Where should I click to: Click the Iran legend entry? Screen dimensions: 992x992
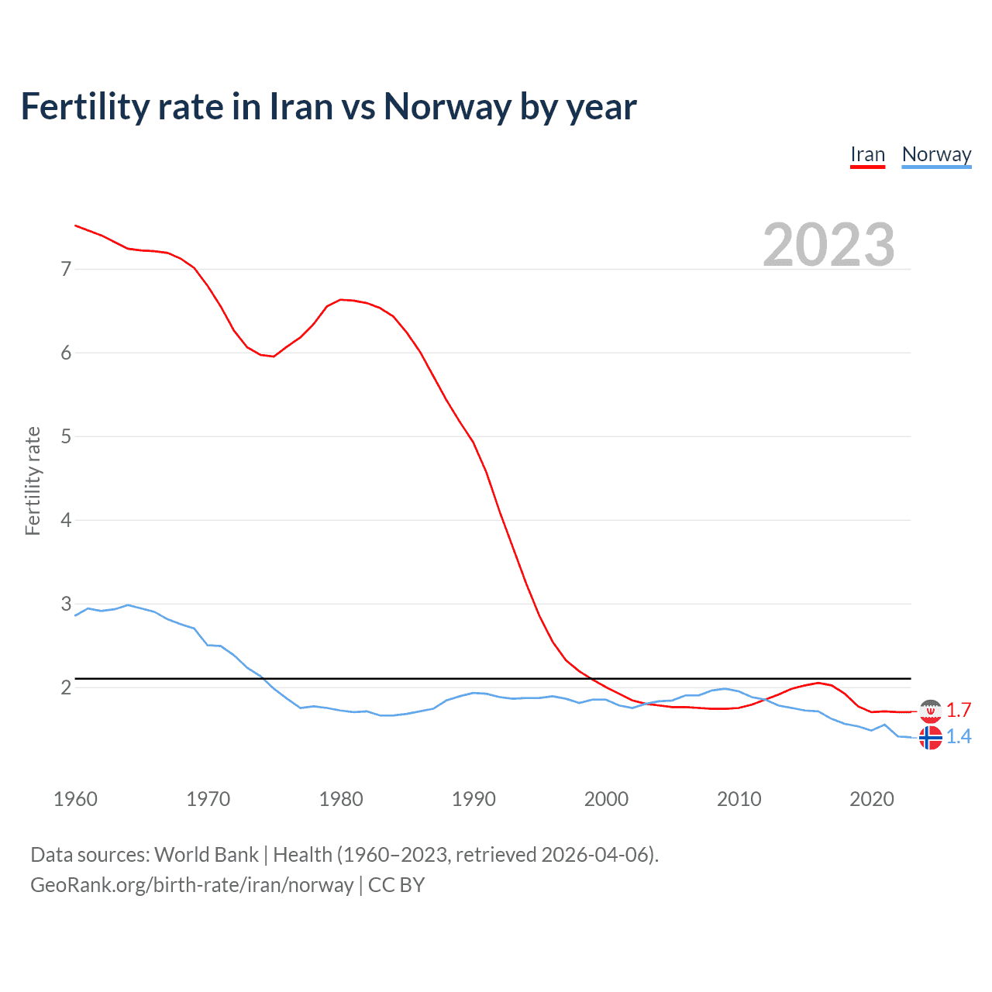coord(867,155)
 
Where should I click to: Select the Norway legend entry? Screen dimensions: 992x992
coord(936,155)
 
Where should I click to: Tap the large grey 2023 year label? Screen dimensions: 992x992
coord(828,245)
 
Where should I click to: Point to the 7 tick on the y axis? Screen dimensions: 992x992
coord(66,269)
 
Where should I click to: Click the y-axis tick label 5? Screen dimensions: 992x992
coord(66,436)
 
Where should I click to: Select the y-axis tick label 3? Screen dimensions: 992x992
coord(66,604)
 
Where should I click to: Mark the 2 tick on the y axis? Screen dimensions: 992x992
coord(66,687)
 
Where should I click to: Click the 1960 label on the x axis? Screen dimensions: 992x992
coord(75,799)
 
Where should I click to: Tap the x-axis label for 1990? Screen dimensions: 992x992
coord(474,799)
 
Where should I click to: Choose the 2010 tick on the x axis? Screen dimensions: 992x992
coord(739,799)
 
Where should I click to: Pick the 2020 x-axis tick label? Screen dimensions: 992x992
coord(872,799)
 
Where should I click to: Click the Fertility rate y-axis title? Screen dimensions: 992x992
coord(33,480)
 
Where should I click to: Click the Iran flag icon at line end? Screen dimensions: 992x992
coord(930,710)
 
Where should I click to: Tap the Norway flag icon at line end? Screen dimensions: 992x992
coord(930,737)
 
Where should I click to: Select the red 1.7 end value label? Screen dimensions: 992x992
coord(959,711)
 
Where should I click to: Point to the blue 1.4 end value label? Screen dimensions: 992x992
coord(959,737)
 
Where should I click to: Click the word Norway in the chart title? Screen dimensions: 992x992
coord(447,107)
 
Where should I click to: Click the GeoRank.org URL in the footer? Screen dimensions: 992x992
coord(191,885)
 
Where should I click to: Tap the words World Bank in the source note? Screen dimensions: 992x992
coord(206,855)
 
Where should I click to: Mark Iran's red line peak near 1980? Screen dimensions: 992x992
coord(341,299)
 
